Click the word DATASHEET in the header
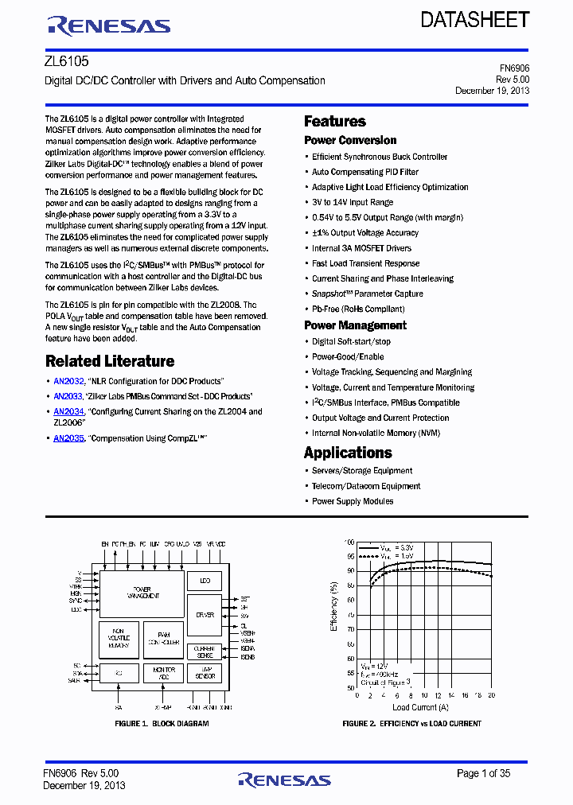(475, 20)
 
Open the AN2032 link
(68, 382)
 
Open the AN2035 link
(68, 438)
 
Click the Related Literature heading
(109, 361)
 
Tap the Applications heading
(348, 453)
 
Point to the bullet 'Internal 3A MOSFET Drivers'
(361, 248)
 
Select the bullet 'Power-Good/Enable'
(348, 357)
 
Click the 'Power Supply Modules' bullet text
(353, 501)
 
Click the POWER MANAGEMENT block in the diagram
(142, 593)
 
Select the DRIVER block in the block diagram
(205, 615)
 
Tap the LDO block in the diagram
(205, 581)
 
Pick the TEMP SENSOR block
(205, 673)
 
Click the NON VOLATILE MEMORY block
(117, 639)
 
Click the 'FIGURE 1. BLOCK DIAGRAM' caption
(162, 724)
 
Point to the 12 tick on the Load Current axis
(438, 696)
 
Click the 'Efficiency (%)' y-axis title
(334, 607)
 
